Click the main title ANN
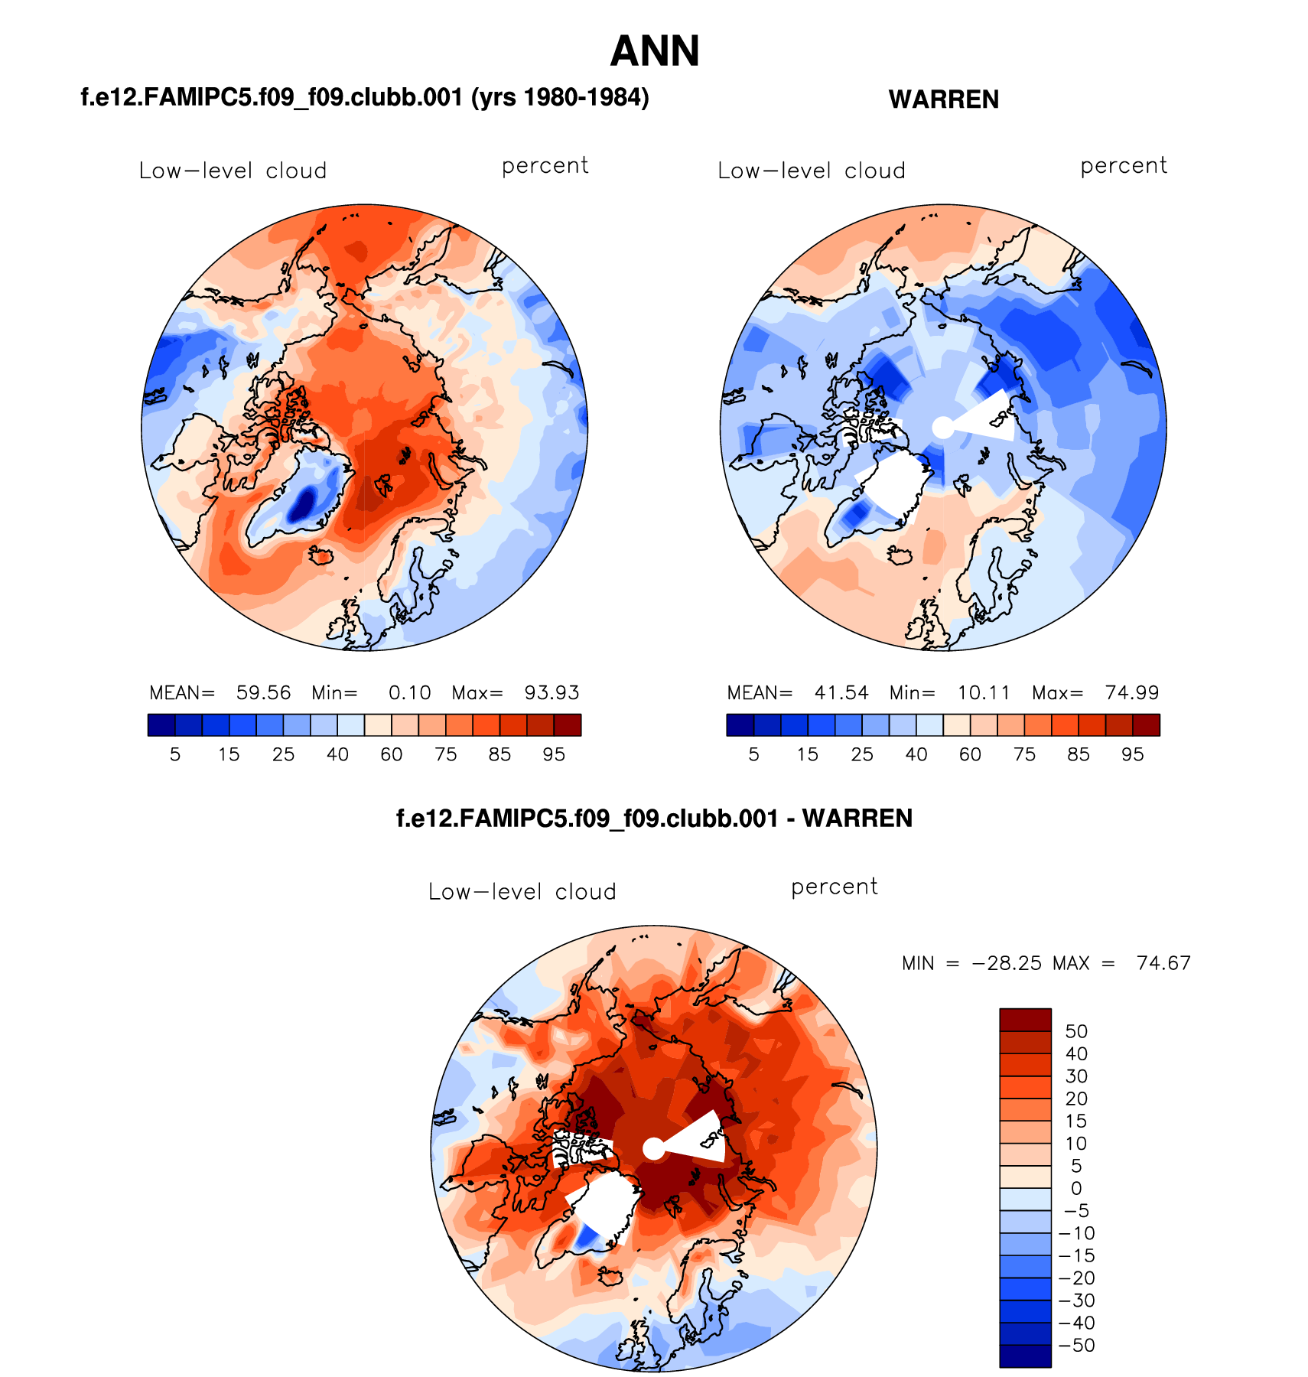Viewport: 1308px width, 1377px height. tap(655, 52)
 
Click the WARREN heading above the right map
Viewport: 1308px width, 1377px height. tap(943, 99)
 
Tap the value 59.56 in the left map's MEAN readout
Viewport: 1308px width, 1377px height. tap(263, 693)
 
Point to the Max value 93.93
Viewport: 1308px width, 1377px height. tap(552, 693)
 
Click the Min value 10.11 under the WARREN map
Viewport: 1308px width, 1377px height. tap(984, 693)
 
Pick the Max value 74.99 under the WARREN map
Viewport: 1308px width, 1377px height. tap(1131, 693)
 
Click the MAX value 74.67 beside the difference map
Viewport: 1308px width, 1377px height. tap(1163, 963)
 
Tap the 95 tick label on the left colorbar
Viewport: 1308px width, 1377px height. tap(553, 755)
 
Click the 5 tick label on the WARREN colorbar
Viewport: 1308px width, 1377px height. tap(753, 755)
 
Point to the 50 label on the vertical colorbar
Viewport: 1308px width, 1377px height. tap(1076, 1031)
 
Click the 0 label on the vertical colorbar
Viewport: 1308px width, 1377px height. tap(1076, 1189)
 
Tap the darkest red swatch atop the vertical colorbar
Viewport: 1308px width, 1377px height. tap(1025, 1020)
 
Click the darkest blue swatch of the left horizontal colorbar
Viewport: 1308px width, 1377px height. tap(161, 724)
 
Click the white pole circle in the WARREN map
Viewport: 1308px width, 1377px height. tap(943, 428)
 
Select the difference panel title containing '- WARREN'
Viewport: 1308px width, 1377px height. tap(654, 819)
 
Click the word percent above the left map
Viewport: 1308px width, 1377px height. tap(545, 166)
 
